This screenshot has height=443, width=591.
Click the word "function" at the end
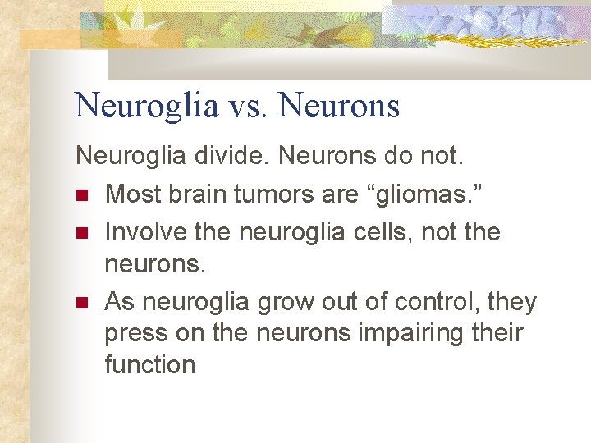pos(150,363)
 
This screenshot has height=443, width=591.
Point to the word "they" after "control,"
pos(511,303)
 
